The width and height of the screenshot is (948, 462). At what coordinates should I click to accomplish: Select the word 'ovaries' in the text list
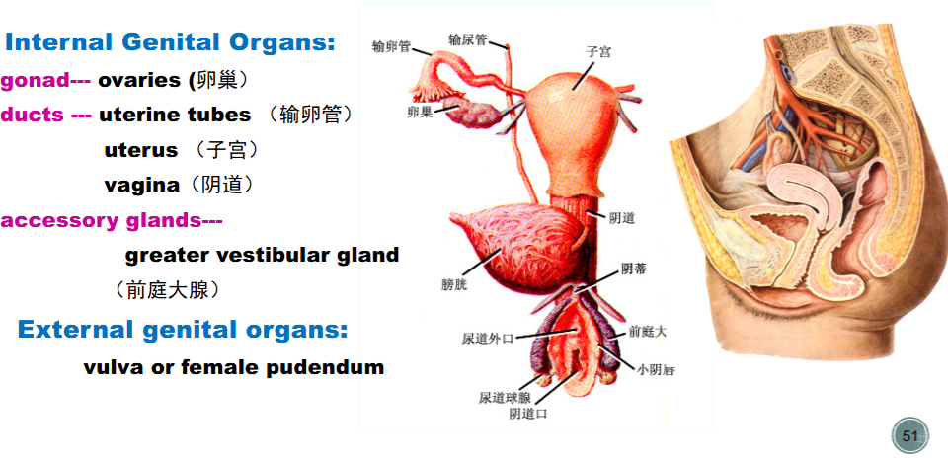tap(140, 80)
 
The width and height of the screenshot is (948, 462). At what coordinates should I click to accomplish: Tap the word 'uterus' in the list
tap(141, 150)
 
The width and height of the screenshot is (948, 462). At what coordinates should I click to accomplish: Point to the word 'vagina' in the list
tap(141, 185)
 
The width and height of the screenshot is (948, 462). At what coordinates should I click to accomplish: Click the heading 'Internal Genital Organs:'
tap(170, 42)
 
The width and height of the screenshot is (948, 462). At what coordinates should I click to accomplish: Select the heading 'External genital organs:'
tap(183, 330)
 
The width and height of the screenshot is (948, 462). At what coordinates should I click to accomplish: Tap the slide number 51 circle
tap(909, 435)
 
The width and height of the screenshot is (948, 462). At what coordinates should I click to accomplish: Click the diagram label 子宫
tap(597, 52)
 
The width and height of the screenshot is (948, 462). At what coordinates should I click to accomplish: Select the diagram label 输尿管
tap(467, 39)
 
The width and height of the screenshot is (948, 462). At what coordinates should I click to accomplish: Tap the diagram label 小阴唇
tap(656, 369)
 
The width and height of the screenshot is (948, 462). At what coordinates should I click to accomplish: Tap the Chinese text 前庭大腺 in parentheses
tap(167, 291)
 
